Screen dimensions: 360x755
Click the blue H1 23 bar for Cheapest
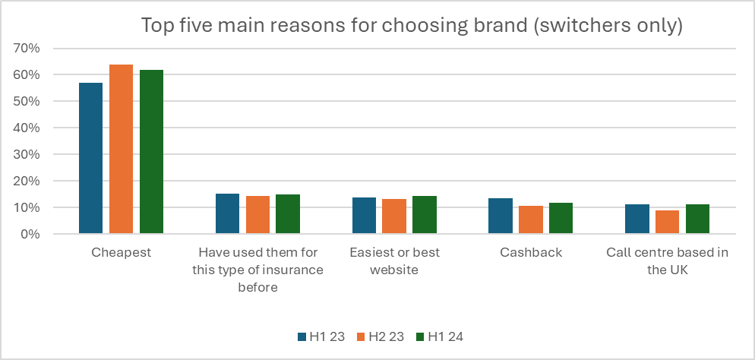(90, 158)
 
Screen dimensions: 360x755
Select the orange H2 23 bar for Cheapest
(121, 149)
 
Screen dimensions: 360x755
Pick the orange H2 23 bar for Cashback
(531, 219)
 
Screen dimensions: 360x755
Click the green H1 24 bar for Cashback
(561, 218)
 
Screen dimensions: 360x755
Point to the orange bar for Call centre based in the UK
(668, 222)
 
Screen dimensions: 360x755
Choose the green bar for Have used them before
(288, 214)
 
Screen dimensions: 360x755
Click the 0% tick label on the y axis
(40, 235)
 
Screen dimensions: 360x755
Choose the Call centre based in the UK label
(668, 261)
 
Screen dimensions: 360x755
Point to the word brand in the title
(489, 26)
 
